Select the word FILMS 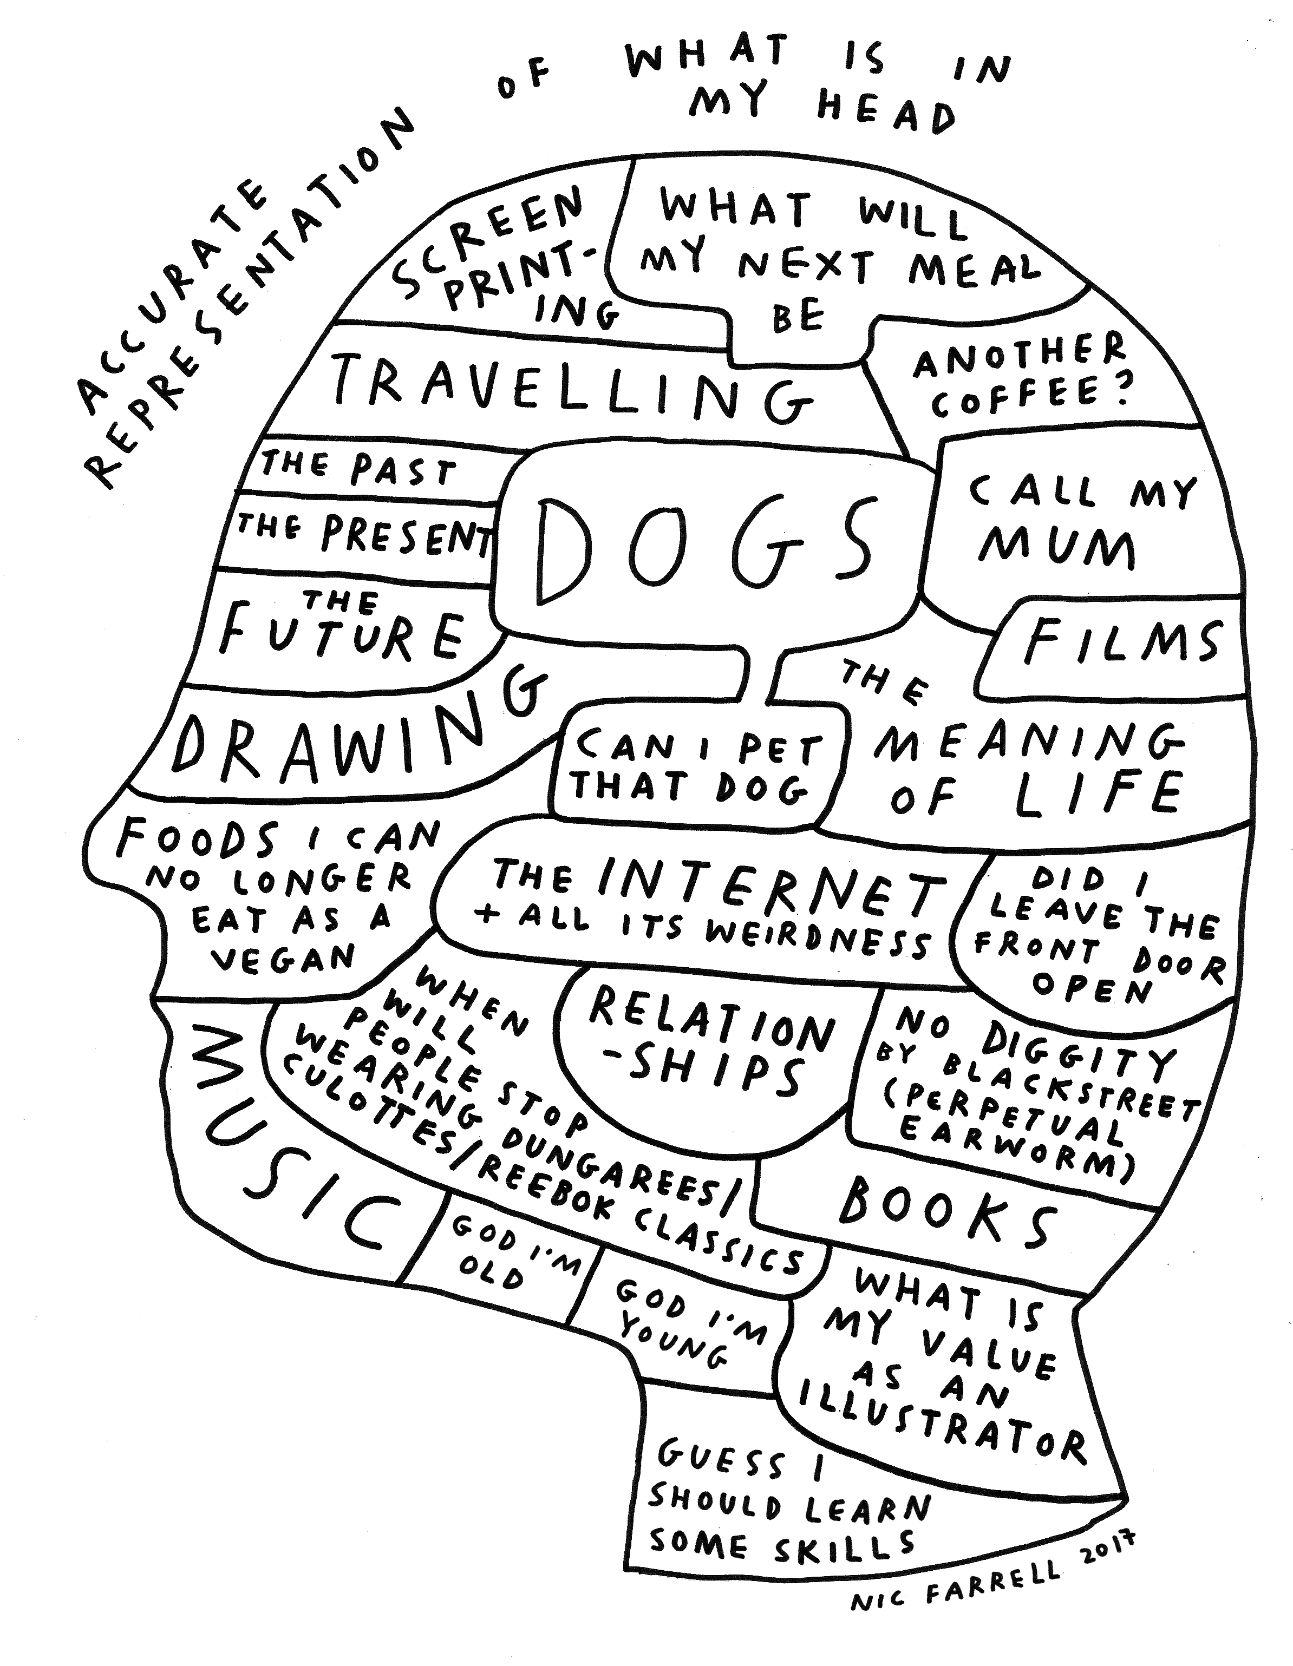1122,643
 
